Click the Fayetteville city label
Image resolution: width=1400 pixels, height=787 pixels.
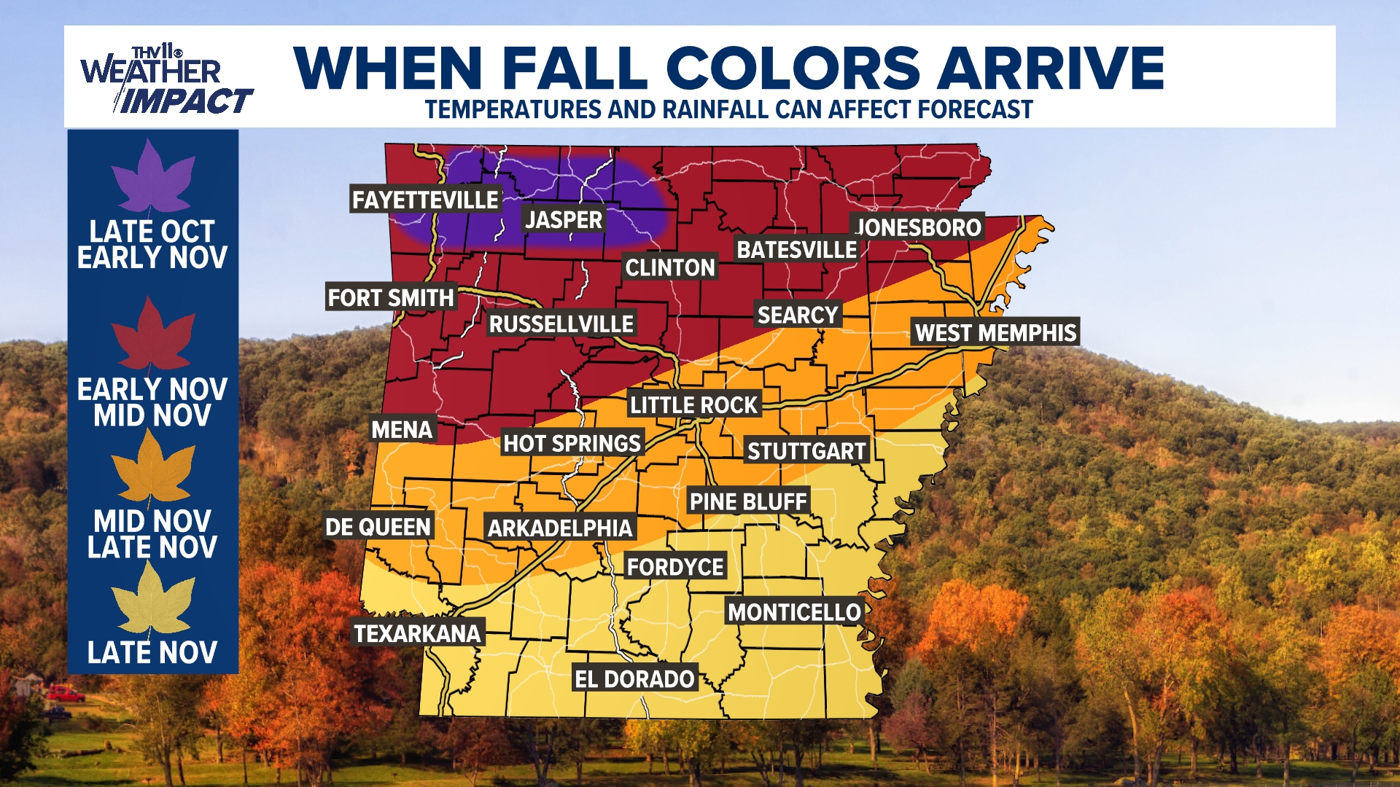(x=425, y=200)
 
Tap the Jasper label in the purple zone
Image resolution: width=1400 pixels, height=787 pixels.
(x=564, y=219)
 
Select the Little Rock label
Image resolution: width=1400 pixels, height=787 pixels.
(x=693, y=405)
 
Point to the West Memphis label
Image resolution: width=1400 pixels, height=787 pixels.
(x=995, y=333)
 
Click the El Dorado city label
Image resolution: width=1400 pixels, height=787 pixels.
(x=634, y=679)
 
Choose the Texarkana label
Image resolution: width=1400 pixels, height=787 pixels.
(x=417, y=633)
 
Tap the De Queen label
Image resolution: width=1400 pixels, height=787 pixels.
(x=378, y=527)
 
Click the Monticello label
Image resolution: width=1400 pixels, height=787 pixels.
(x=794, y=612)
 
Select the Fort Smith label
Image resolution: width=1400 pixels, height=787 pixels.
(x=391, y=297)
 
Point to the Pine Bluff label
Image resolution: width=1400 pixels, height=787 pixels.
(x=748, y=501)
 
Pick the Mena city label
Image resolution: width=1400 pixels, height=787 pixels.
(x=402, y=430)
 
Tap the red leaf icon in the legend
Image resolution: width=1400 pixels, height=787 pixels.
(x=152, y=335)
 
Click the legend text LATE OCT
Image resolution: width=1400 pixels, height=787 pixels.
(x=152, y=232)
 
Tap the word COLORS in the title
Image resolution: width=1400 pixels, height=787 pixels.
(x=793, y=68)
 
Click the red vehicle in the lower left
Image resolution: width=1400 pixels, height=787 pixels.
(x=65, y=693)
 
